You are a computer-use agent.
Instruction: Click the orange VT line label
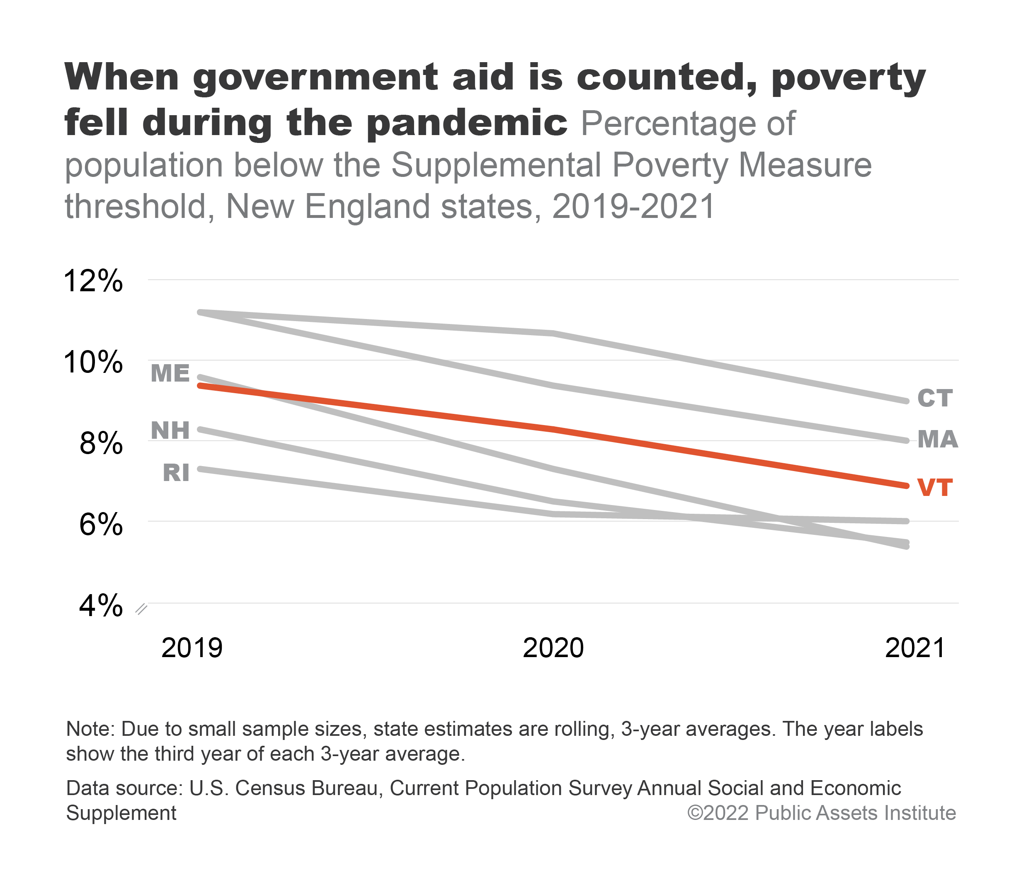[934, 488]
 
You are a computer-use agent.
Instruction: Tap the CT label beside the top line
[934, 399]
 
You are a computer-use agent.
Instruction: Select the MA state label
[937, 439]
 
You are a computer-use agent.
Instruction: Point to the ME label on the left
[170, 373]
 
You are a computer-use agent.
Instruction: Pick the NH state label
[170, 430]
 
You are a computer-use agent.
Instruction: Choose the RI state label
[176, 473]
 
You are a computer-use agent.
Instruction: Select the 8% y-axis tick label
[100, 443]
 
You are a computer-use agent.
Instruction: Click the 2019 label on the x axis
[192, 648]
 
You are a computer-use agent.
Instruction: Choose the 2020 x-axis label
[553, 648]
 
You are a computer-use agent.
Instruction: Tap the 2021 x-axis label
[914, 648]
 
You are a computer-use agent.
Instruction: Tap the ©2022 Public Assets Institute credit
[821, 813]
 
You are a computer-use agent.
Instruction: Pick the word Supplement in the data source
[121, 813]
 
